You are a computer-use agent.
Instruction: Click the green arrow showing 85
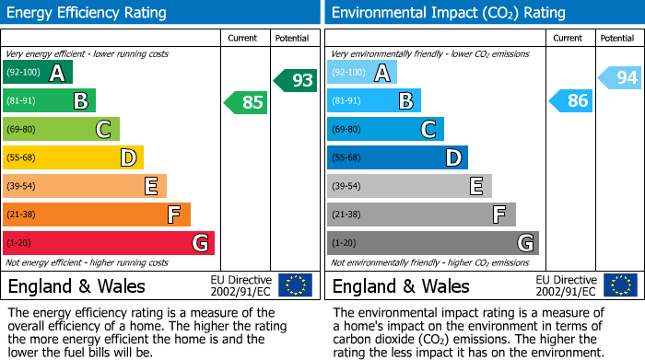click(246, 102)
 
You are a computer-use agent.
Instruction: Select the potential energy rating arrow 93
click(296, 80)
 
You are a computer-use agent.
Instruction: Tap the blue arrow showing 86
click(570, 101)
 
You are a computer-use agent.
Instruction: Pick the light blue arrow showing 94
click(620, 78)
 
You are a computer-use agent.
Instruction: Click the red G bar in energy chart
click(109, 243)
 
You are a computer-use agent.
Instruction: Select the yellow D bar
click(73, 157)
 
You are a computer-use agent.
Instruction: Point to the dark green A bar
click(38, 73)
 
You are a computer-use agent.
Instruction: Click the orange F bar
click(97, 215)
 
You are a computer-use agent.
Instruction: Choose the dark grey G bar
click(432, 243)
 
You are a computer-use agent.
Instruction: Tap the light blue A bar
click(362, 73)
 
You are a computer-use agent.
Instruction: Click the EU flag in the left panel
click(295, 285)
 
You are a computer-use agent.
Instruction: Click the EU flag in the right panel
click(619, 285)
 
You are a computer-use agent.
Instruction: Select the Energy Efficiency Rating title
click(88, 13)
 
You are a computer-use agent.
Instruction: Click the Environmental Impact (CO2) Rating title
click(448, 13)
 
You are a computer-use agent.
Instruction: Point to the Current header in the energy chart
click(242, 38)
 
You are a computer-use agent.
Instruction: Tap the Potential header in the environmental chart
click(616, 38)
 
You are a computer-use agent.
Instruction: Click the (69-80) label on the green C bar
click(21, 130)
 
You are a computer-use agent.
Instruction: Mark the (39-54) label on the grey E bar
click(346, 187)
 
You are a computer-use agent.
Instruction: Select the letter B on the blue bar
click(405, 101)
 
